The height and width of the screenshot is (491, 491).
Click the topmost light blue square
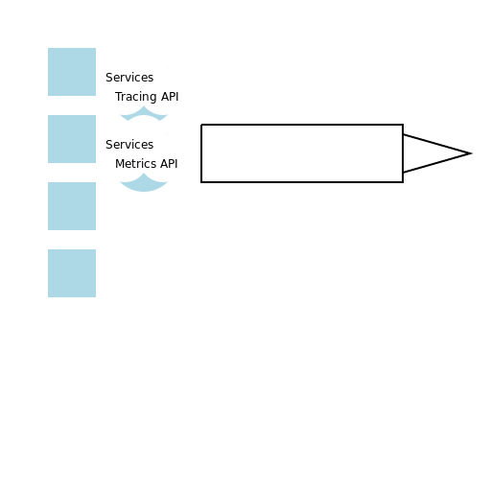72,72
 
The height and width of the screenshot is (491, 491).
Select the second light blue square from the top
72,139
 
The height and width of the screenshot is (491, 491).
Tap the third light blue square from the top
72,206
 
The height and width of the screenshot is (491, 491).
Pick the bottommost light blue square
72,273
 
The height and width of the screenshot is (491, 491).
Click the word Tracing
135,97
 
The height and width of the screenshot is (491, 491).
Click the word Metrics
135,164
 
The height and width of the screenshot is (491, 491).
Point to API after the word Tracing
169,97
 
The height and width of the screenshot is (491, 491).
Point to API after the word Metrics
169,164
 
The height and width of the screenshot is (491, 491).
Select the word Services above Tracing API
129,78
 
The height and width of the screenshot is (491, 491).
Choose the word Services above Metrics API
129,145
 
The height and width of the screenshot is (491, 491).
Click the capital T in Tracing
118,97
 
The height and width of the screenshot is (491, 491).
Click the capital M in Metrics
119,164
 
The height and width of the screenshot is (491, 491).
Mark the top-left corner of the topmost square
49,49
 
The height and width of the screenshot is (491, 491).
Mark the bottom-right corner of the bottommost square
95,296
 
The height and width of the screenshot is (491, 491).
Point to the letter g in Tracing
152,98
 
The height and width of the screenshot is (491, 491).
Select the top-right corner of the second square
95,116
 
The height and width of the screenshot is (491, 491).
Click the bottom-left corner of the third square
49,229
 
